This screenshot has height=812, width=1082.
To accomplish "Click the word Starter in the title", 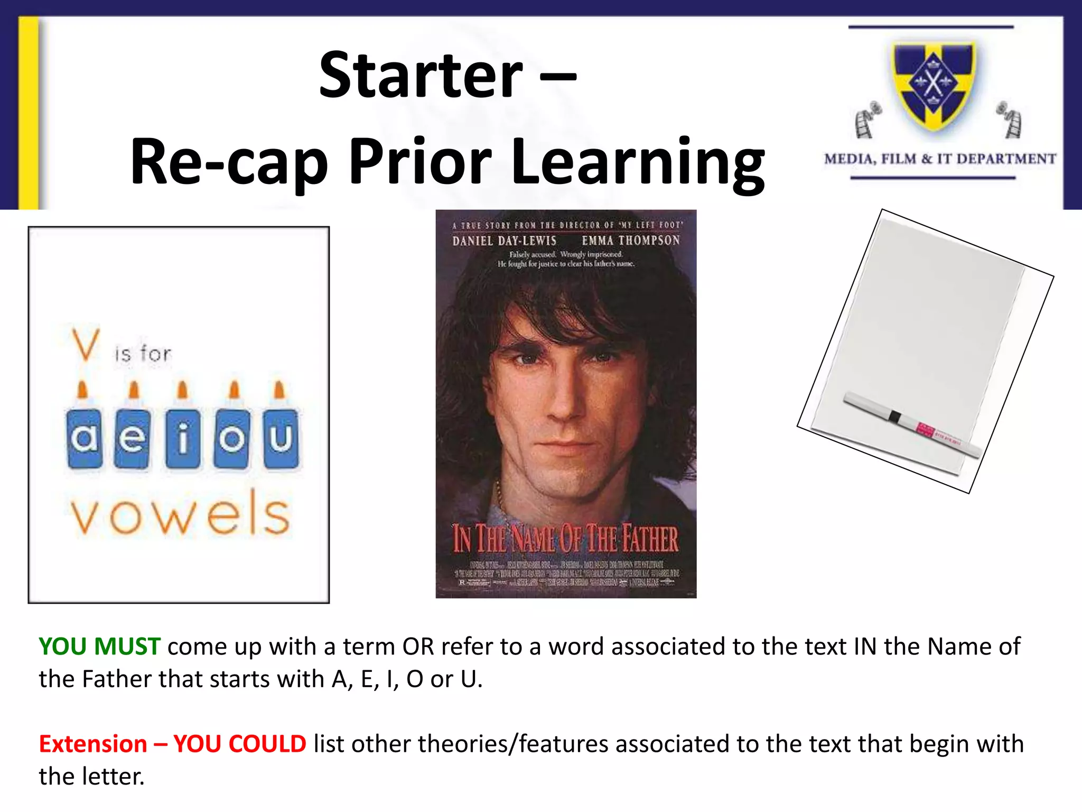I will (x=421, y=75).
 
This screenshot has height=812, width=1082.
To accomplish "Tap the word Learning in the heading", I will (x=638, y=162).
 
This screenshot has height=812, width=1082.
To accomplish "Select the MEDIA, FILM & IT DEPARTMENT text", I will (x=940, y=159).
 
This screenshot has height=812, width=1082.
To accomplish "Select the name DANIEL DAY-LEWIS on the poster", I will (x=504, y=241).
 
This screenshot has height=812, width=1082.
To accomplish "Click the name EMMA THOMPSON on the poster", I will (x=631, y=241).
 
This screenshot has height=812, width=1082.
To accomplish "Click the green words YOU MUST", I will (x=99, y=647).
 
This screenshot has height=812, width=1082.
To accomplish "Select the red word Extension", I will (x=93, y=744).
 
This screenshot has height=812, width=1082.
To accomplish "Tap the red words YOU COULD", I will (x=239, y=744).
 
